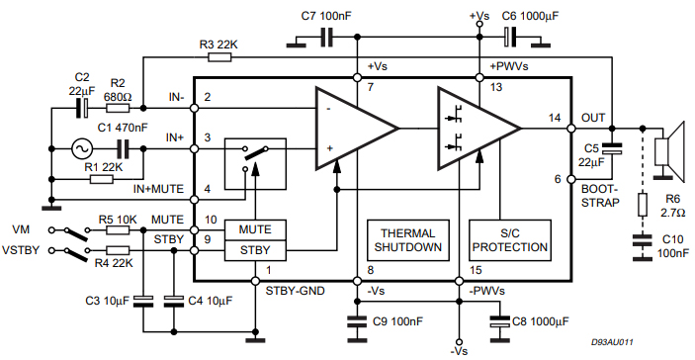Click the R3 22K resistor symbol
point(219,57)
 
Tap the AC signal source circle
point(82,149)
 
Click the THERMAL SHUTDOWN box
point(408,240)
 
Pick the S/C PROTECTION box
point(510,240)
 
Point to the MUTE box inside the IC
point(255,230)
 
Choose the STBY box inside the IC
point(255,250)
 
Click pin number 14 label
point(555,118)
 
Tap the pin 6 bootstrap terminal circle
point(570,179)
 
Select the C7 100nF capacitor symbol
point(326,38)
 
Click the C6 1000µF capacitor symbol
point(510,37)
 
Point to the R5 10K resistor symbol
point(118,230)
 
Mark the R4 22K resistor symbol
point(118,251)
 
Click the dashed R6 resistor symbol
point(643,205)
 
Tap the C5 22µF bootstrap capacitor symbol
point(612,149)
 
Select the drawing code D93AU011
point(612,342)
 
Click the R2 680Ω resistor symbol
point(118,108)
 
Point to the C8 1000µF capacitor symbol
point(500,321)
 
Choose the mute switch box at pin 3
point(255,164)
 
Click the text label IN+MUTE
point(158,189)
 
